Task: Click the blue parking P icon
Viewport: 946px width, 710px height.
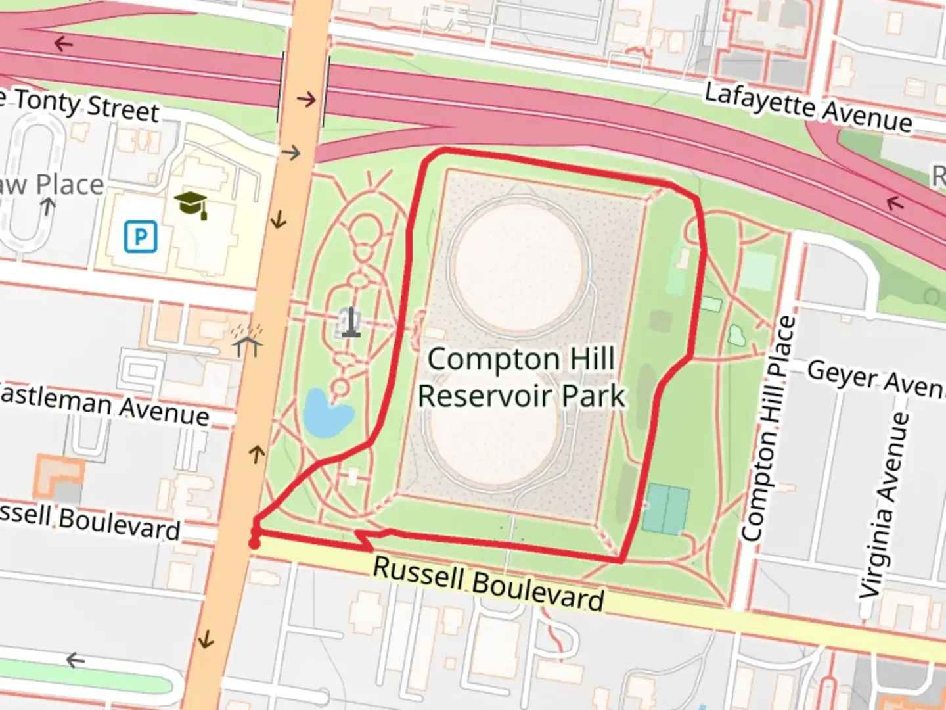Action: (141, 236)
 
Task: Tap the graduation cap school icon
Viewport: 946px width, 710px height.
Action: (192, 204)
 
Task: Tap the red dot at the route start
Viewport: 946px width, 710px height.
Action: (254, 543)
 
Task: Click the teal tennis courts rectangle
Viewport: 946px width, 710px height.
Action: (665, 509)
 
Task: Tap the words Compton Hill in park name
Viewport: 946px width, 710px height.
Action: (521, 359)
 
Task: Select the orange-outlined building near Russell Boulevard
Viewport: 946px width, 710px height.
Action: (58, 477)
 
